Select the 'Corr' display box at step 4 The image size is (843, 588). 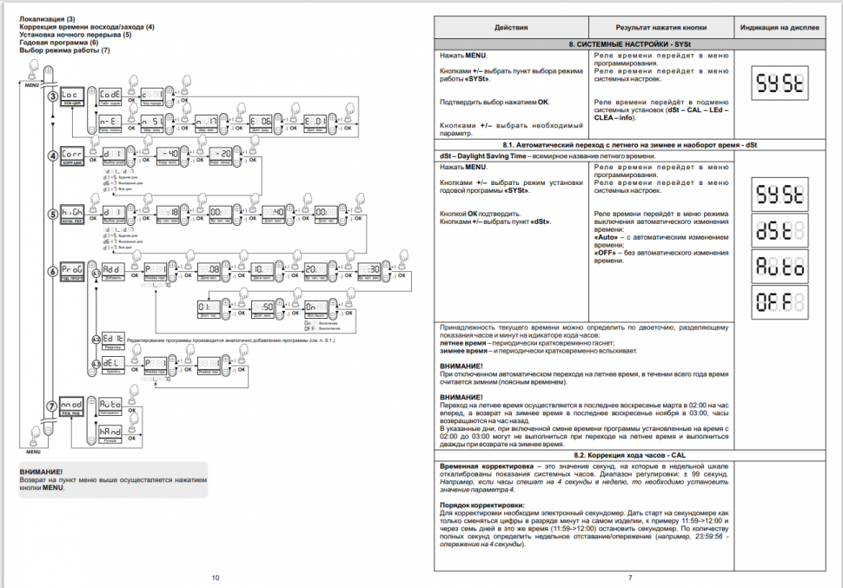point(73,153)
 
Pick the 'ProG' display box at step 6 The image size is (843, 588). point(73,269)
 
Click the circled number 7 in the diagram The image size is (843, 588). point(53,406)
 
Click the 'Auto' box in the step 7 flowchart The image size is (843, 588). point(110,405)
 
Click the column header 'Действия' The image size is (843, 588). point(511,28)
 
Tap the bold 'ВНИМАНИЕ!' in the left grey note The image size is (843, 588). point(41,471)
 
